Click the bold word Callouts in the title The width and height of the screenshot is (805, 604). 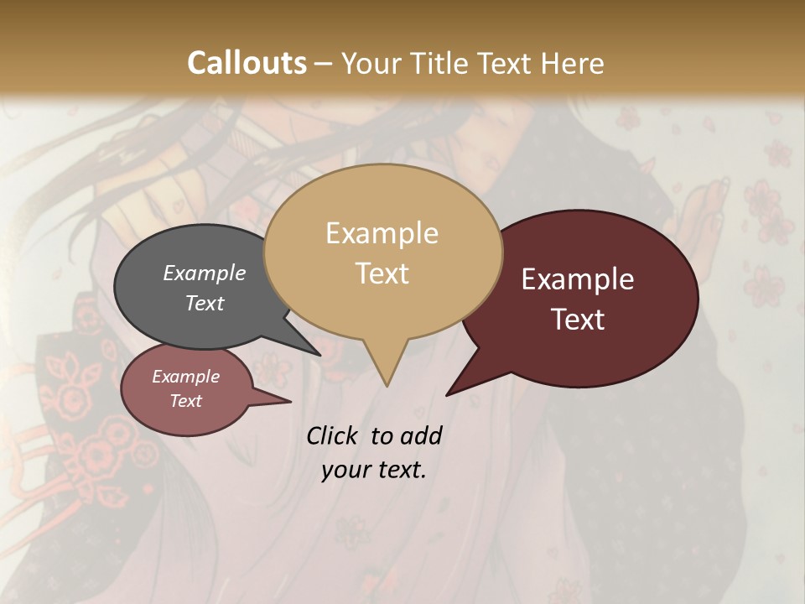pos(247,63)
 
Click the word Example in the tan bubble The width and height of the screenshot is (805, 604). pos(382,233)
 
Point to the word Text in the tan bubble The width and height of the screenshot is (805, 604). pos(382,273)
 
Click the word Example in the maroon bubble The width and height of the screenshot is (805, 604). pos(578,279)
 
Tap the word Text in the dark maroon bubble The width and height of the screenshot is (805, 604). pos(578,320)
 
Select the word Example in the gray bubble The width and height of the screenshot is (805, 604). pos(205,273)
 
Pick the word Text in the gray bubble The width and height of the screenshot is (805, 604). pos(205,303)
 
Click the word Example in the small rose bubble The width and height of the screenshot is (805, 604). pos(185,377)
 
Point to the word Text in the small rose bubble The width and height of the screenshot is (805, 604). pos(185,401)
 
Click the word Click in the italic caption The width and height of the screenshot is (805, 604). pos(333,435)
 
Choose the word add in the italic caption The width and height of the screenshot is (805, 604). pos(422,435)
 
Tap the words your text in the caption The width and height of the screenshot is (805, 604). pos(374,470)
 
